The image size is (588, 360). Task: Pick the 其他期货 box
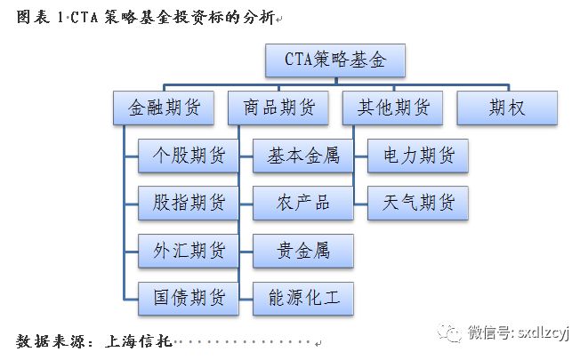[x=392, y=108]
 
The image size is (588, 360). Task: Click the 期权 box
[x=507, y=108]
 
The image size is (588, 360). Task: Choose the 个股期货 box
[x=188, y=156]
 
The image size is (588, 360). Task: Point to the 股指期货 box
[x=188, y=203]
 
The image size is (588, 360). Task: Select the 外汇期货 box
[x=188, y=250]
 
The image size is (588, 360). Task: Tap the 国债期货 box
[x=188, y=296]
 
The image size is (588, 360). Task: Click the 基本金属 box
[x=303, y=156]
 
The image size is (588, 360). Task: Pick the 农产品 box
[x=303, y=203]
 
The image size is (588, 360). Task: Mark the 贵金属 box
[x=303, y=250]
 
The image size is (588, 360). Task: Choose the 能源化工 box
[x=303, y=296]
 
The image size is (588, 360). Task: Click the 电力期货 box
[x=418, y=156]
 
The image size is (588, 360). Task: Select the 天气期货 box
[x=418, y=203]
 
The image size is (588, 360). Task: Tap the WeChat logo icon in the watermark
[x=455, y=332]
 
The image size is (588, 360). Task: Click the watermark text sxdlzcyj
[x=544, y=332]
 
